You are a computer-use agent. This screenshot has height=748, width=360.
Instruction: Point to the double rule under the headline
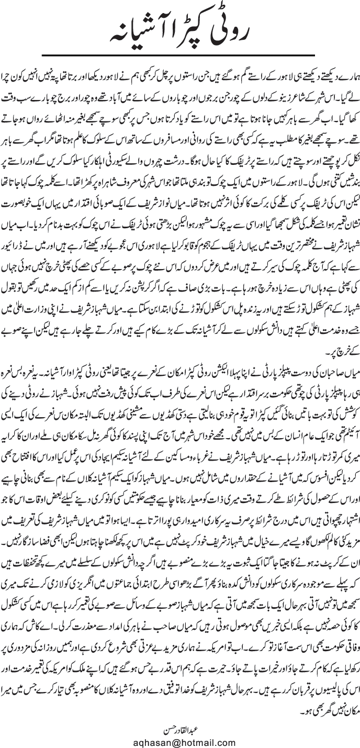180,53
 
